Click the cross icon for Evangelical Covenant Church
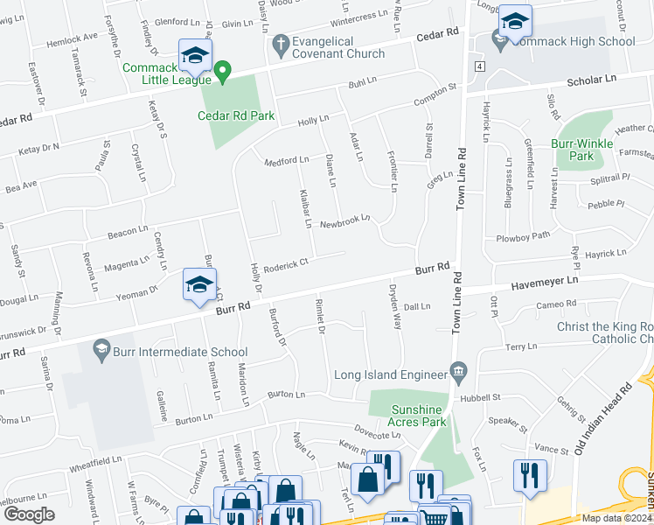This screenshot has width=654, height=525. [x=281, y=42]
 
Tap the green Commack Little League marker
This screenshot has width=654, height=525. [x=223, y=71]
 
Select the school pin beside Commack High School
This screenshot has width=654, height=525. [x=515, y=21]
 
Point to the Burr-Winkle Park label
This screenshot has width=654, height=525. [x=573, y=150]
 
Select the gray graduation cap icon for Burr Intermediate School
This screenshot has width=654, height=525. [x=102, y=351]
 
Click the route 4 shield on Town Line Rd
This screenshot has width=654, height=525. [x=479, y=66]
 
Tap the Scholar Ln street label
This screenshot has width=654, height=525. [x=592, y=80]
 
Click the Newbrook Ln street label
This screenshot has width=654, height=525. [x=344, y=220]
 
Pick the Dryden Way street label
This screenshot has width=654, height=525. [x=393, y=310]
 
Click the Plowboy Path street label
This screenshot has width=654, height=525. [x=523, y=236]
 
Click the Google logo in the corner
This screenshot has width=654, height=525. [x=29, y=514]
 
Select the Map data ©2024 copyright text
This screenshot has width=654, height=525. [x=616, y=518]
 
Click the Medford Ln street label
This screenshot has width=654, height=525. [x=287, y=160]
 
